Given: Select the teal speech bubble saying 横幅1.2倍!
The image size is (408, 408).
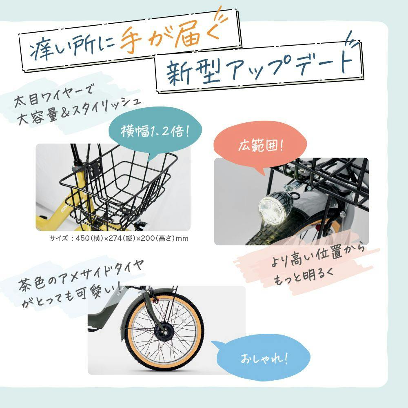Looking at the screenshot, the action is point(155,131).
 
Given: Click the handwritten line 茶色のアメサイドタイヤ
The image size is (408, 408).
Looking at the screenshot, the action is point(81,275).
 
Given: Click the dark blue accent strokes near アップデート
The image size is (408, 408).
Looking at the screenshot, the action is point(353,39).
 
